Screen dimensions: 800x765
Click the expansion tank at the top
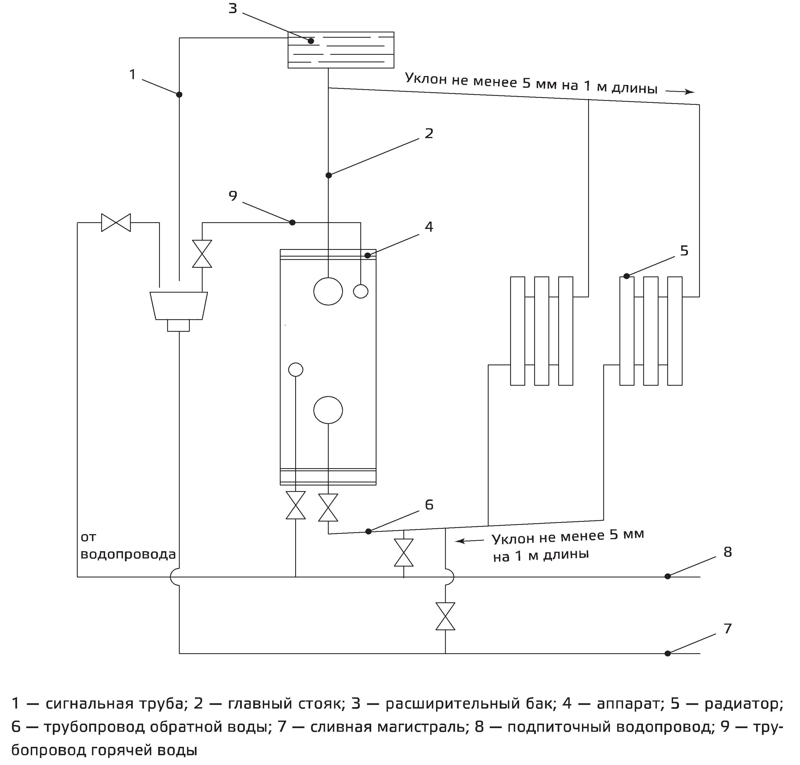pyautogui.click(x=341, y=50)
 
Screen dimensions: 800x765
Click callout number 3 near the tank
pyautogui.click(x=232, y=8)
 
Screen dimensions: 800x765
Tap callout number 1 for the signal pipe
pyautogui.click(x=132, y=75)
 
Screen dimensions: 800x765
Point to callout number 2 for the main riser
pyautogui.click(x=429, y=133)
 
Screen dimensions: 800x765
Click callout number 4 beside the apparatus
pyautogui.click(x=429, y=227)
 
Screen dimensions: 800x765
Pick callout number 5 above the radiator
pyautogui.click(x=684, y=251)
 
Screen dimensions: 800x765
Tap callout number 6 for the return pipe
pyautogui.click(x=429, y=505)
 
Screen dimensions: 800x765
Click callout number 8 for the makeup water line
pyautogui.click(x=727, y=552)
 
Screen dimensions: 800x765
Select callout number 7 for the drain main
pyautogui.click(x=727, y=628)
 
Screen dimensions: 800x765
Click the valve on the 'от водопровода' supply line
pyautogui.click(x=116, y=223)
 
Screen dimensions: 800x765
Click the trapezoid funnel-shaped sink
pyautogui.click(x=179, y=305)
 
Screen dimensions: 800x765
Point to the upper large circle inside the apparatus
pyautogui.click(x=328, y=291)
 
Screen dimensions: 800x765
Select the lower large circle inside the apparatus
pyautogui.click(x=328, y=410)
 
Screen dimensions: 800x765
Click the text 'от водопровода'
pyautogui.click(x=128, y=546)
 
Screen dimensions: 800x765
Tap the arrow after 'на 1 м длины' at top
pyautogui.click(x=680, y=92)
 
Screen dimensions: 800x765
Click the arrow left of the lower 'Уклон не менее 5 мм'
pyautogui.click(x=470, y=541)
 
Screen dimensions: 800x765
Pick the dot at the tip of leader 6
pyautogui.click(x=368, y=531)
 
